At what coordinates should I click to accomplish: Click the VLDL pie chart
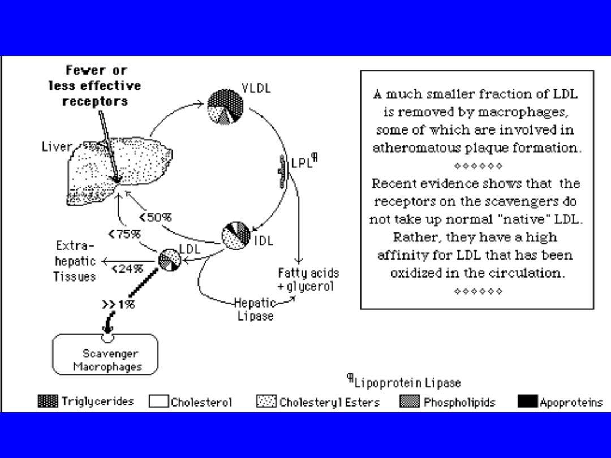click(x=226, y=106)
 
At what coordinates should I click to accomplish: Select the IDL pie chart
click(x=235, y=235)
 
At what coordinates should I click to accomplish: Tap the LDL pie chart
click(x=170, y=260)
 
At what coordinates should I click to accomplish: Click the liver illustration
click(x=119, y=170)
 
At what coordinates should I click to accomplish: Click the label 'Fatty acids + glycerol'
click(x=308, y=280)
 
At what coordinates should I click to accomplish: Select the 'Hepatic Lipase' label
click(x=256, y=309)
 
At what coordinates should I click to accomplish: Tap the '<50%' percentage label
click(x=156, y=217)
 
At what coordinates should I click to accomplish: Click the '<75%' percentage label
click(x=124, y=234)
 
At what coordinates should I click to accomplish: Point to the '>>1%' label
click(x=118, y=304)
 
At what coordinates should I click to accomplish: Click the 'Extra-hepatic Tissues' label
click(x=75, y=261)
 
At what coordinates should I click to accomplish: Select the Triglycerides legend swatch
click(x=48, y=401)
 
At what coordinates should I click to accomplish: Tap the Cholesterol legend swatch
click(x=159, y=401)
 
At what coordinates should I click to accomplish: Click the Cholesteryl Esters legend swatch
click(x=266, y=401)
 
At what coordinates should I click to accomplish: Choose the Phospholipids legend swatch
click(x=410, y=401)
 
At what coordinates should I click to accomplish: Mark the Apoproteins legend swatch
click(x=527, y=401)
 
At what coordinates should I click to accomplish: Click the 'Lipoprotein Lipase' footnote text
click(x=407, y=383)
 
